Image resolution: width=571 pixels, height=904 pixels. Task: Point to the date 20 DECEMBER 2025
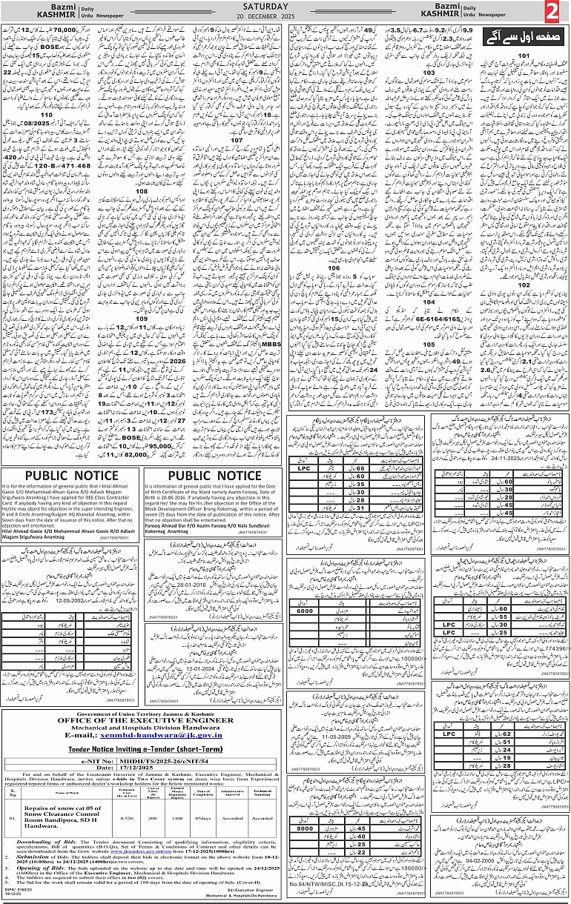point(286,17)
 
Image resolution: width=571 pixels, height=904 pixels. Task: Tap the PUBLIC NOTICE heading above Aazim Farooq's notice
point(214,476)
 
